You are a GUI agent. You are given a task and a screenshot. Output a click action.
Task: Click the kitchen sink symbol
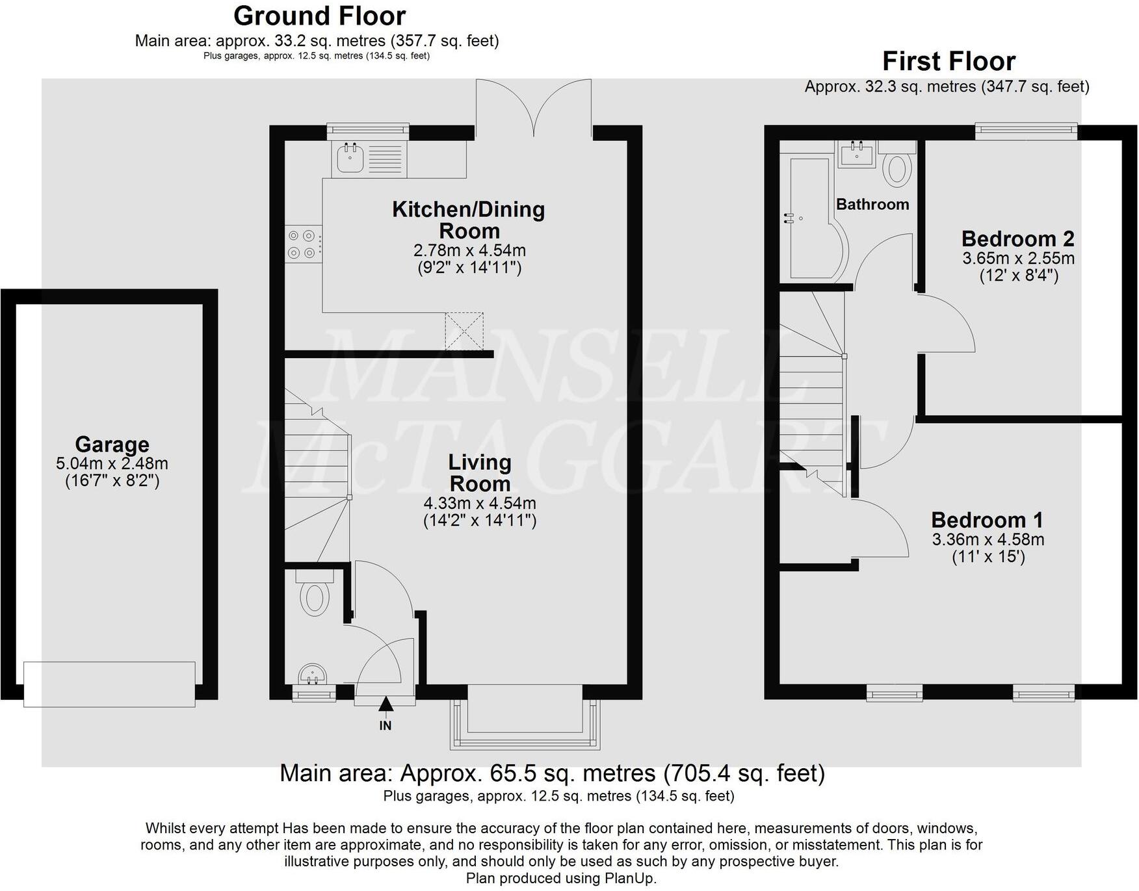351,158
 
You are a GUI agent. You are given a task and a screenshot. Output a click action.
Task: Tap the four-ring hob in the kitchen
303,244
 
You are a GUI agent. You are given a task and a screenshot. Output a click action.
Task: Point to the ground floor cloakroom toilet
315,595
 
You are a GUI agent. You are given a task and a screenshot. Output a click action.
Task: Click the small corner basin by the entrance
314,675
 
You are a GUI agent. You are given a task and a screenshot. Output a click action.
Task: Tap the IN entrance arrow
386,704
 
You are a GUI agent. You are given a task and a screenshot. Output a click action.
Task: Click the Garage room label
112,445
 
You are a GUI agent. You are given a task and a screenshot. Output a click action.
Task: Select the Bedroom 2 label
1017,239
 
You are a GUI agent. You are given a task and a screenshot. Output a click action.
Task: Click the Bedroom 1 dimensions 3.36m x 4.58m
988,539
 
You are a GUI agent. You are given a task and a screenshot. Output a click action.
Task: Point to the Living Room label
480,472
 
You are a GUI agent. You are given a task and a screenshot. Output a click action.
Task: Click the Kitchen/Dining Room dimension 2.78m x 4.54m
469,251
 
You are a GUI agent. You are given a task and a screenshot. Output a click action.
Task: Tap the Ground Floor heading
319,16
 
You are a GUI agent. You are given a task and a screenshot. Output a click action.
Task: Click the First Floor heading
948,62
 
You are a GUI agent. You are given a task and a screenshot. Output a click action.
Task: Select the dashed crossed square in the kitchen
464,331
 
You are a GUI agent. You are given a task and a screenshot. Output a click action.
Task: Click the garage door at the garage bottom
109,684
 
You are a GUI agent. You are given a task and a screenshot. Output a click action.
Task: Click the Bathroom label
872,205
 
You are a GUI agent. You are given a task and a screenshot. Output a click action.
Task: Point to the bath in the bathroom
813,218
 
